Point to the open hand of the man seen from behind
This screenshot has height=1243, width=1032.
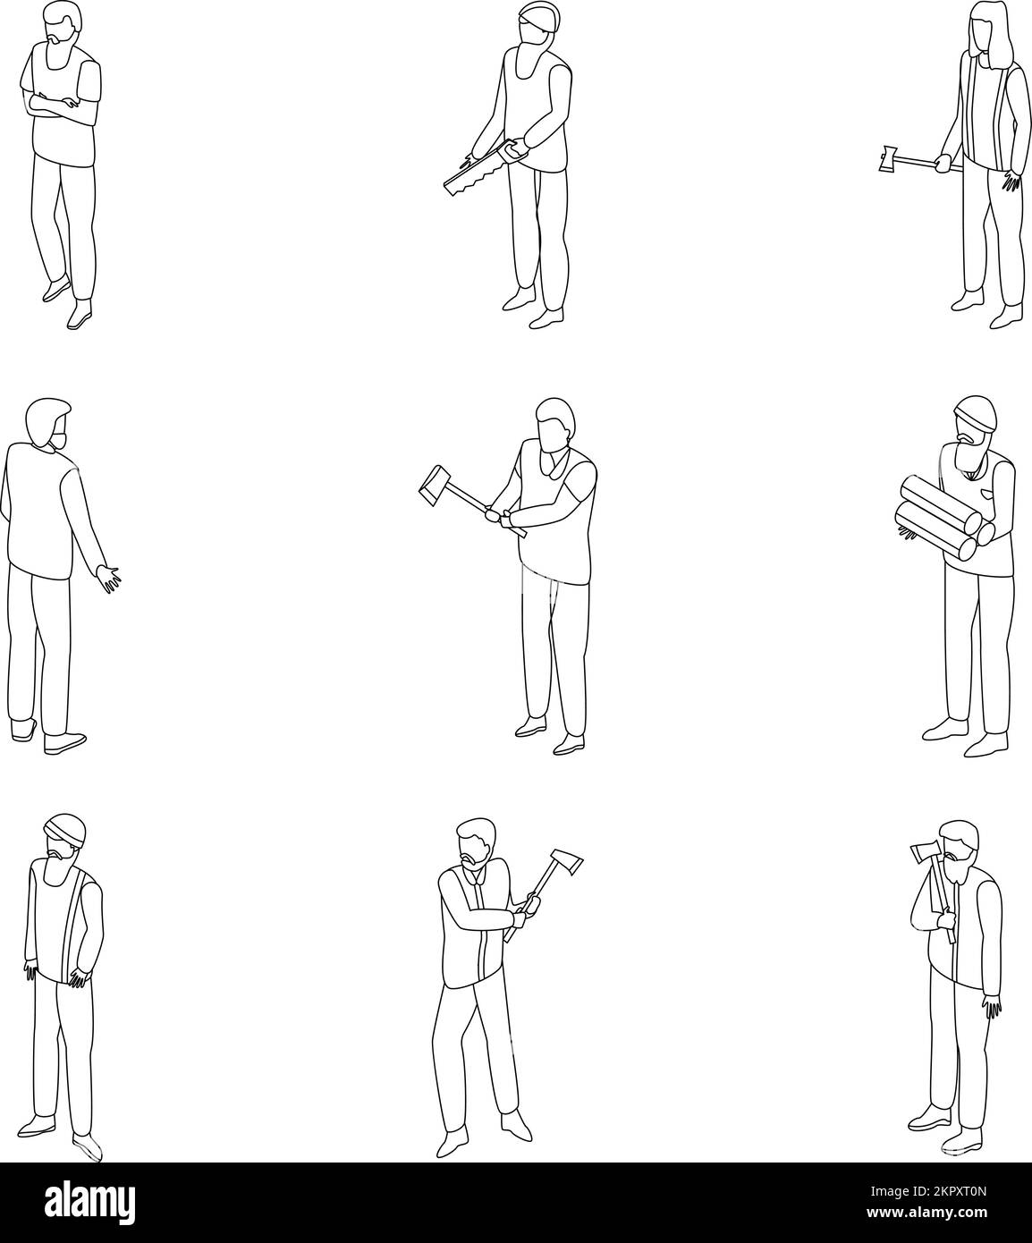pyautogui.click(x=110, y=577)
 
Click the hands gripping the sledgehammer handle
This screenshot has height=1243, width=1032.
pyautogui.click(x=501, y=516)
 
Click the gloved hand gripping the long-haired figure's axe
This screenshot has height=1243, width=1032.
pyautogui.click(x=943, y=164)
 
